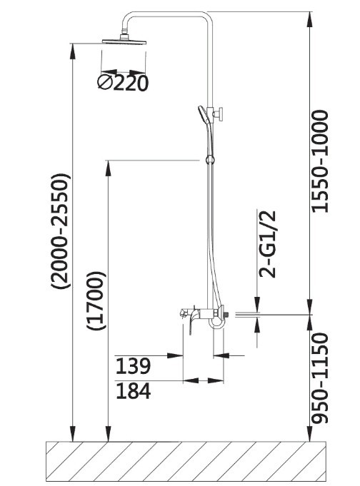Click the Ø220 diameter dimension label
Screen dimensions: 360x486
pos(123,83)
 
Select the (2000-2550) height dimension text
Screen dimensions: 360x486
pos(61,231)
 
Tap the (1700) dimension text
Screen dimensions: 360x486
pos(96,300)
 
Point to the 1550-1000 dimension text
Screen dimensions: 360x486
pos(320,161)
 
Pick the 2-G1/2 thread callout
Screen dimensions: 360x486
pos(267,244)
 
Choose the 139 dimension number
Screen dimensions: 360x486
pos(133,365)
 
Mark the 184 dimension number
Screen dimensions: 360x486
pos(133,391)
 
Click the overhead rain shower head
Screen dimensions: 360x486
pos(124,41)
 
